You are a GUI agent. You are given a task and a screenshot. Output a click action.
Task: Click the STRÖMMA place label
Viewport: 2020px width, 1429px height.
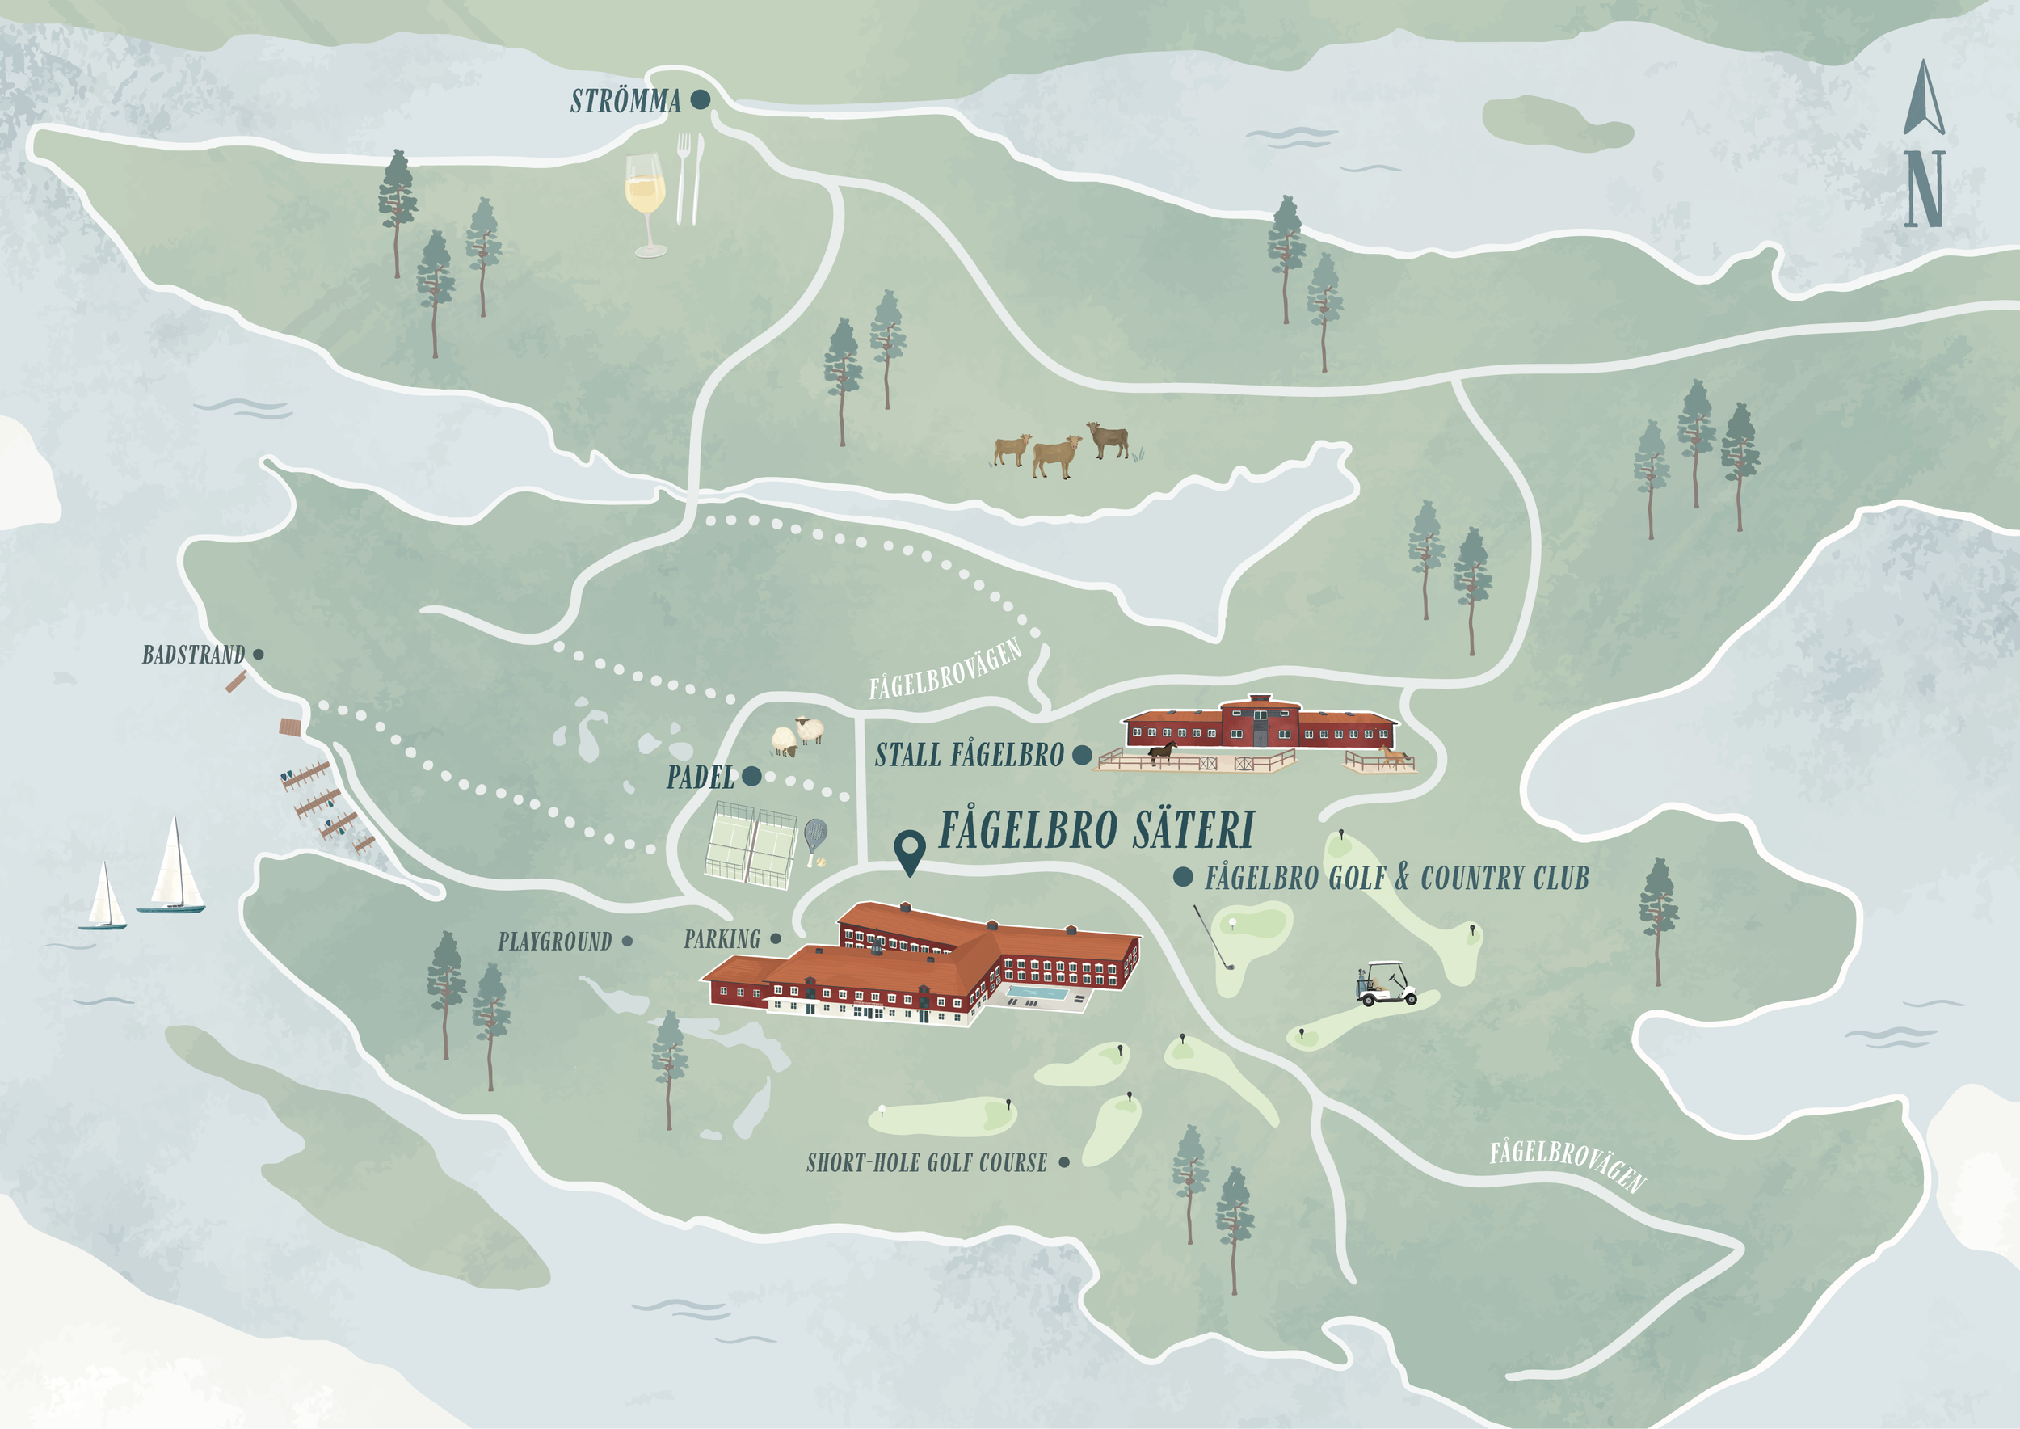pyautogui.click(x=625, y=101)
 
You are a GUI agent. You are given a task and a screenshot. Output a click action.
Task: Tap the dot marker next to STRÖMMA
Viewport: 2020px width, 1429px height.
pyautogui.click(x=701, y=99)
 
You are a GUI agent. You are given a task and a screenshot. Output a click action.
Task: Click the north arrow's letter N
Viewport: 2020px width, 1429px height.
pyautogui.click(x=1924, y=188)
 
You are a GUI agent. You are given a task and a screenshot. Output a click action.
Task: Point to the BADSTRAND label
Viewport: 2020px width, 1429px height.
pyautogui.click(x=194, y=655)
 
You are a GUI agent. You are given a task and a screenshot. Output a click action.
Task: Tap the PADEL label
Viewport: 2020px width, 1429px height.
pyautogui.click(x=701, y=778)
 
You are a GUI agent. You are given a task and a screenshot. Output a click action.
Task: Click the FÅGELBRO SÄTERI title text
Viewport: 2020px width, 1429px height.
pyautogui.click(x=1096, y=830)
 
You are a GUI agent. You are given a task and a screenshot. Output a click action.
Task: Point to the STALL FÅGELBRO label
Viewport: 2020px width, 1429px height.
pyautogui.click(x=969, y=755)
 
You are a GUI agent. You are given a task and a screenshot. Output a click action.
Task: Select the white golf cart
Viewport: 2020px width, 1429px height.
pyautogui.click(x=1386, y=984)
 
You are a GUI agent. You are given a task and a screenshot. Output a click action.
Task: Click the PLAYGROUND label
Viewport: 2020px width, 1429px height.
pyautogui.click(x=554, y=942)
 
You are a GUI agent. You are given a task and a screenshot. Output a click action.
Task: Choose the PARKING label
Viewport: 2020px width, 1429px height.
pyautogui.click(x=722, y=940)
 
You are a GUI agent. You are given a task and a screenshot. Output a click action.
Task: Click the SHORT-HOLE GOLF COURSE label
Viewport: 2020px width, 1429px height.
pyautogui.click(x=927, y=1163)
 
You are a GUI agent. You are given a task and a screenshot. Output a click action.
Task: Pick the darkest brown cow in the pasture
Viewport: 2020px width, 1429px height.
pyautogui.click(x=1109, y=438)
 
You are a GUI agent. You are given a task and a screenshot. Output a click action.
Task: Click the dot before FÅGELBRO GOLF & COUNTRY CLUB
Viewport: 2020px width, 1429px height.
pyautogui.click(x=1184, y=876)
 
